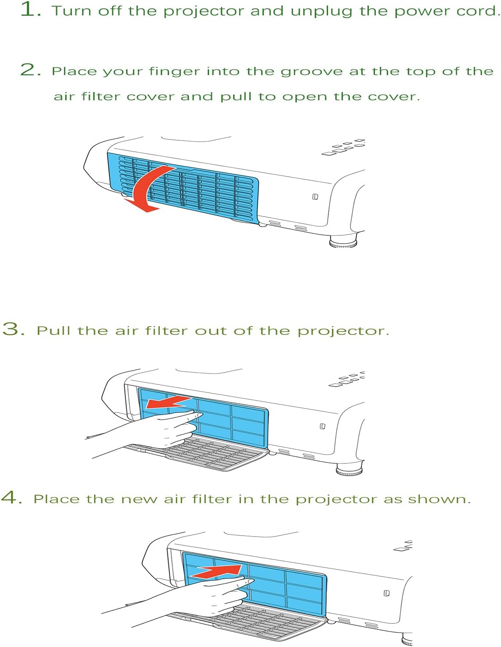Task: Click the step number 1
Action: (x=29, y=10)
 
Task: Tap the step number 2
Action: (x=29, y=70)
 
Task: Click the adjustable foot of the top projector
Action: (x=343, y=242)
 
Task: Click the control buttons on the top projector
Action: (x=344, y=147)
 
